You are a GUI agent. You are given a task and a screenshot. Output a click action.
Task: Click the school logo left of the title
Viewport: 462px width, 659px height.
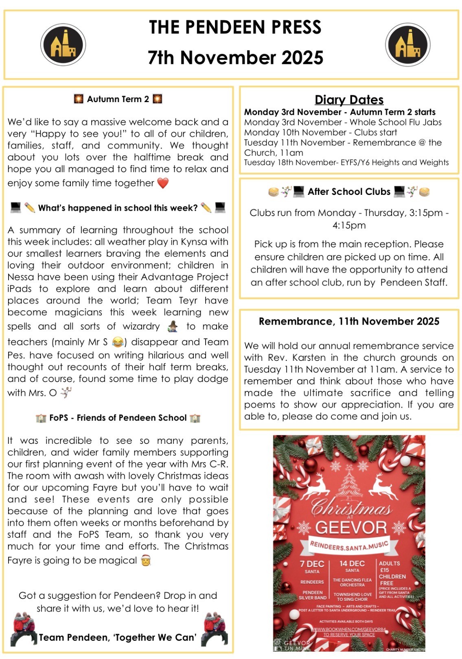click(63, 44)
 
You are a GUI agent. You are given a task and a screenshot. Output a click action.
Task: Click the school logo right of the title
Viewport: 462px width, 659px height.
click(407, 44)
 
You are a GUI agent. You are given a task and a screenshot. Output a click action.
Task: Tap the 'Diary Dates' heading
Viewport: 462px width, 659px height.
click(349, 100)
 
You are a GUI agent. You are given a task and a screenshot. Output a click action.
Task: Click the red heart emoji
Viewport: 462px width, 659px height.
click(163, 183)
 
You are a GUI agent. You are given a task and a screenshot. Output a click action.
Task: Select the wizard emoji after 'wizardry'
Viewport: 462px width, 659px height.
click(173, 326)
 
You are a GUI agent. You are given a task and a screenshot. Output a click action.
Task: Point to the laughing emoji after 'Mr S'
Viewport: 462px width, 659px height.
click(118, 342)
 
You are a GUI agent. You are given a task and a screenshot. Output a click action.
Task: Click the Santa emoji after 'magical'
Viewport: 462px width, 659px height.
click(146, 561)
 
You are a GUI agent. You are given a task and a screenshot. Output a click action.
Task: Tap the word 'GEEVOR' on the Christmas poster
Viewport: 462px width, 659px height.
click(350, 527)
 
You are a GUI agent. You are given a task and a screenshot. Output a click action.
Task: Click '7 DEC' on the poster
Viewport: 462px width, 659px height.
click(312, 564)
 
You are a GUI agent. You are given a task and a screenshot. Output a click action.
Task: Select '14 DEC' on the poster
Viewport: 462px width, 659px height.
click(352, 564)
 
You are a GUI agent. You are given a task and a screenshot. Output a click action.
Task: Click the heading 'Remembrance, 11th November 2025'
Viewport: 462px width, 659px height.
click(349, 321)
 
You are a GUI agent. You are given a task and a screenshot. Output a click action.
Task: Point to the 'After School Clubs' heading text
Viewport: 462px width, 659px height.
click(349, 192)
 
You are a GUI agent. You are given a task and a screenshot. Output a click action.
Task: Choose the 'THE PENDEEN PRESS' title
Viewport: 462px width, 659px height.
click(235, 27)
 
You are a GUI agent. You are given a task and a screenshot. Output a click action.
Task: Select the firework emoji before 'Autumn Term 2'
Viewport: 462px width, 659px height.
click(79, 99)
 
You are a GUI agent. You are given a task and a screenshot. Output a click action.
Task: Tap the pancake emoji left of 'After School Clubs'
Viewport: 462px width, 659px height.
click(274, 192)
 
